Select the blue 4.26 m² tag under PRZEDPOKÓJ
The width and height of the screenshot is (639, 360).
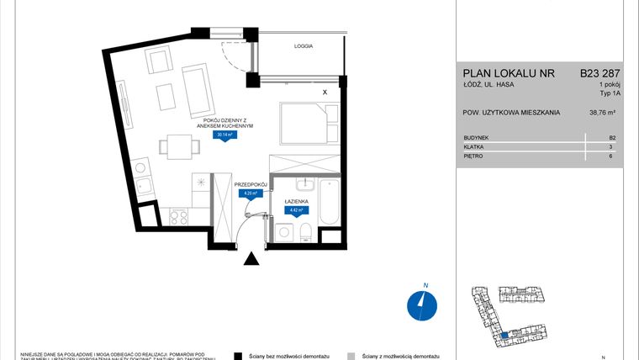(x=251, y=193)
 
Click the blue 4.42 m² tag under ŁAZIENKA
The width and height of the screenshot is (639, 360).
(x=294, y=210)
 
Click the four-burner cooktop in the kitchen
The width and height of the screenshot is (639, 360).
(x=178, y=216)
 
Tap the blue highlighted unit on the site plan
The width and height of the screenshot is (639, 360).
(x=504, y=336)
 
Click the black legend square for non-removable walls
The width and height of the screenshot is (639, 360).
(x=239, y=355)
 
